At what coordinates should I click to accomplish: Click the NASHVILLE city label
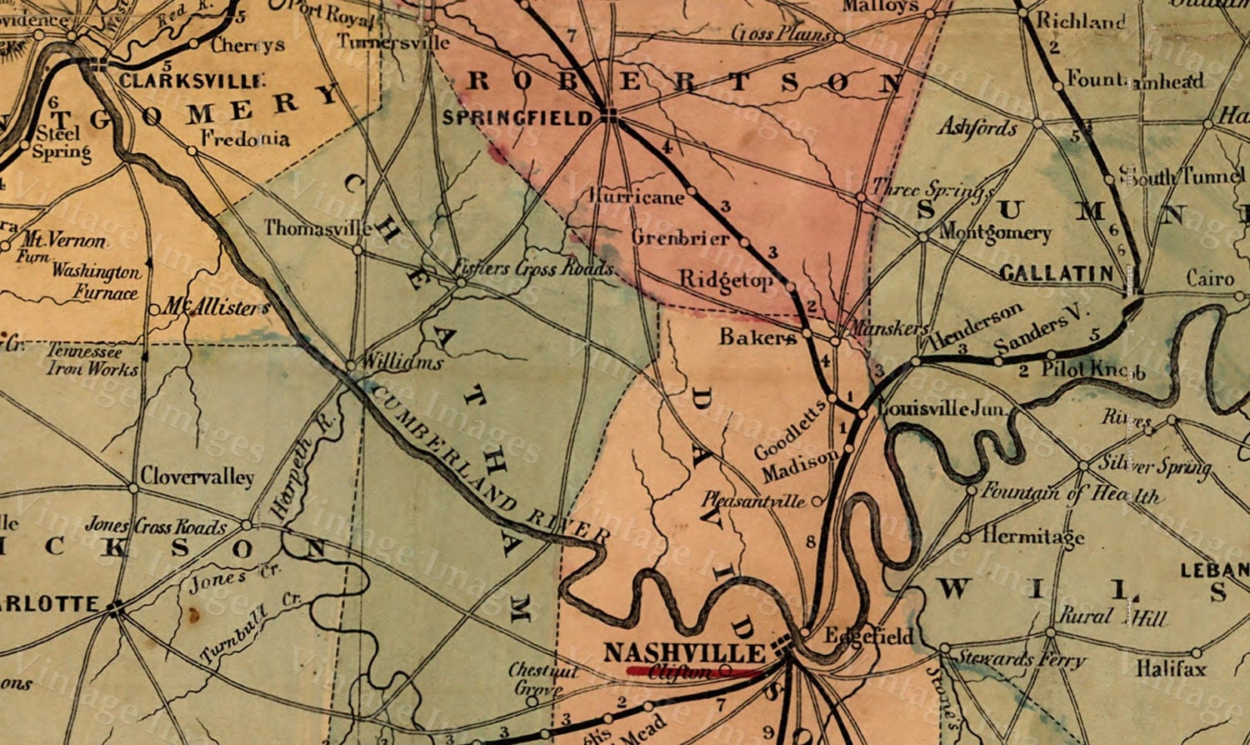pos(683,652)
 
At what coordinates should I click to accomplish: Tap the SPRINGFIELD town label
pos(517,117)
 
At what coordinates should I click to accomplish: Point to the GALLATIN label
pos(1056,273)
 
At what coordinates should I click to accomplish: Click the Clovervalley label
pos(197,477)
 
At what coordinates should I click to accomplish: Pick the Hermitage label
pos(1032,536)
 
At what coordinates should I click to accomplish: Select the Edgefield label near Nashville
pos(868,637)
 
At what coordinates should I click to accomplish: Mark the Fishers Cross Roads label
pos(533,268)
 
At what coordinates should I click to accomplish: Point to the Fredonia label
pos(245,138)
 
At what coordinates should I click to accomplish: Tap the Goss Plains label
pos(781,34)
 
